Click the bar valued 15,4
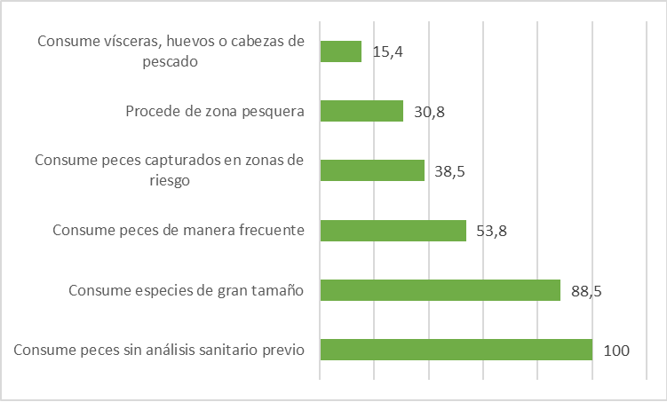(340, 51)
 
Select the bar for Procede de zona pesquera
(361, 111)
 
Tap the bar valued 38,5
(372, 170)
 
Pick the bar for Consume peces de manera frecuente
(393, 231)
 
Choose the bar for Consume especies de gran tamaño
(440, 290)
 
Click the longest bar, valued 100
(456, 350)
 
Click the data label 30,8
(429, 112)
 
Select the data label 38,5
(450, 171)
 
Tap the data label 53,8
(492, 232)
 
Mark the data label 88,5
(586, 291)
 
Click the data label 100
(616, 351)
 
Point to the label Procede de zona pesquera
(215, 111)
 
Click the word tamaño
(277, 290)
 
